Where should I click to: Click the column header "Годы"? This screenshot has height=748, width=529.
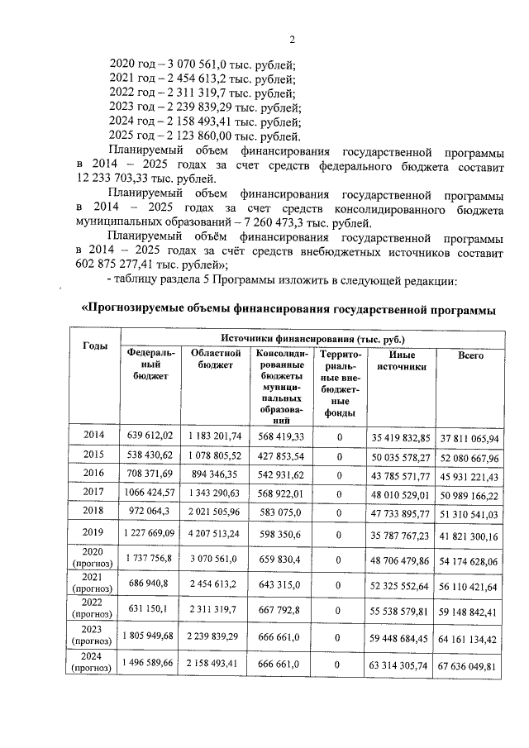click(95, 345)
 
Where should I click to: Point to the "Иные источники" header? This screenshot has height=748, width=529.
click(401, 360)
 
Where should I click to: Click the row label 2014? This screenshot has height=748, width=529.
click(95, 435)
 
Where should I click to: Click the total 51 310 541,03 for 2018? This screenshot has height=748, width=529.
click(469, 513)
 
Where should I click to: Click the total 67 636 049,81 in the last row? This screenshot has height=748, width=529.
click(469, 666)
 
